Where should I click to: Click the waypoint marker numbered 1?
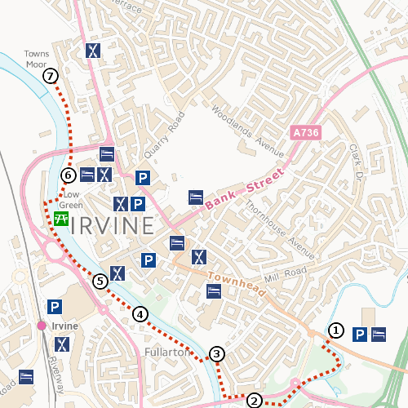(335, 330)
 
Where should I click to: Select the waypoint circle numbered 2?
(255, 400)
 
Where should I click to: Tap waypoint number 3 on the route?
(216, 353)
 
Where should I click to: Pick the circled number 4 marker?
(141, 314)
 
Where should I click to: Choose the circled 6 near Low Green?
(69, 175)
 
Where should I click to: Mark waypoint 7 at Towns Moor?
(51, 76)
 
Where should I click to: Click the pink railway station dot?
(41, 326)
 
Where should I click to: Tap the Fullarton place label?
(166, 353)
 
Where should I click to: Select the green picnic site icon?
(60, 219)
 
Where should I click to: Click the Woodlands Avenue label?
(247, 131)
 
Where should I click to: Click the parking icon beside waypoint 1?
(358, 334)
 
